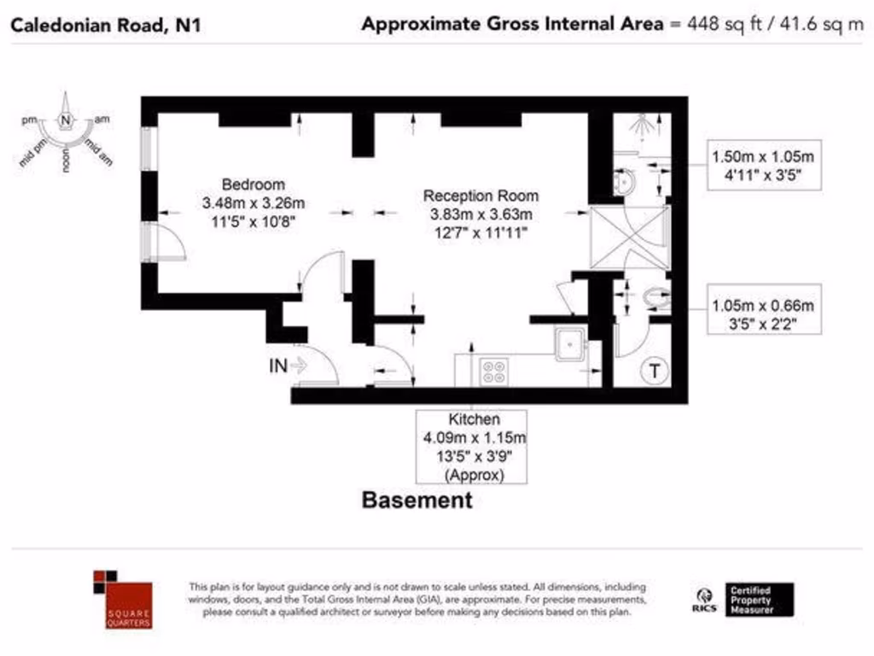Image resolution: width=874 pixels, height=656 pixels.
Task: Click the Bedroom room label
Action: tap(253, 184)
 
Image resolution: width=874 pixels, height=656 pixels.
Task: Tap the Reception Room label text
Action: tap(481, 196)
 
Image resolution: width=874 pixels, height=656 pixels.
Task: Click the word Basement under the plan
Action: tap(417, 500)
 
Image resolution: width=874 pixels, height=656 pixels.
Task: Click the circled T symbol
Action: tap(655, 371)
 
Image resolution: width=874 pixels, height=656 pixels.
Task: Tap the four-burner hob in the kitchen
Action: tap(494, 371)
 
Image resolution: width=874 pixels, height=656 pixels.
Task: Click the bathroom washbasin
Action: tap(623, 182)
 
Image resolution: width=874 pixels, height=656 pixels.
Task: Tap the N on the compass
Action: tap(65, 120)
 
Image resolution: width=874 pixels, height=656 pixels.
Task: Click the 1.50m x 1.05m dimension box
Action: tap(763, 165)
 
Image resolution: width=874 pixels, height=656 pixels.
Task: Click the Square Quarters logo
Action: tap(123, 599)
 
